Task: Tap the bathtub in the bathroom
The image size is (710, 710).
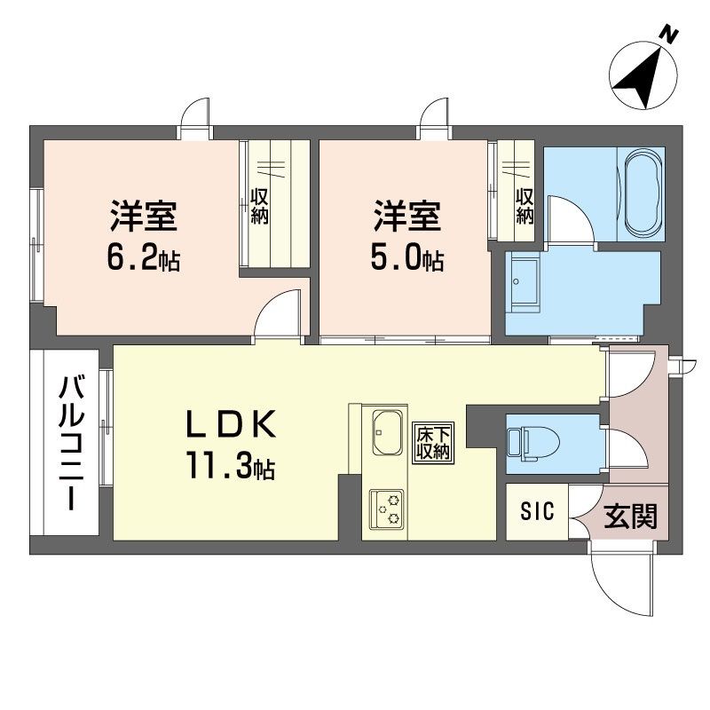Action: pos(643,194)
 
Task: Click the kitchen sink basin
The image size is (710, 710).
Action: pos(388,432)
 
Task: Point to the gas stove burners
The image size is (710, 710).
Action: pos(387,509)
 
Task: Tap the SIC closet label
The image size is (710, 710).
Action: pos(537,512)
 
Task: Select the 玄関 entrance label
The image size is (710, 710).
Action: pos(630,517)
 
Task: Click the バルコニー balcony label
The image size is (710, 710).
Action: pos(72,443)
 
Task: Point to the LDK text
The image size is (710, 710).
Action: pos(232,424)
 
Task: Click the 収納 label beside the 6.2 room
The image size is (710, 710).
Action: pos(260,207)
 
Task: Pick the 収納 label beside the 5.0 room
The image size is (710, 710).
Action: pos(525,207)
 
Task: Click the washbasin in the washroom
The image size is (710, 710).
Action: pos(524,281)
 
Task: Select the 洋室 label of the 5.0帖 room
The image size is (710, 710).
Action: pos(407,217)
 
